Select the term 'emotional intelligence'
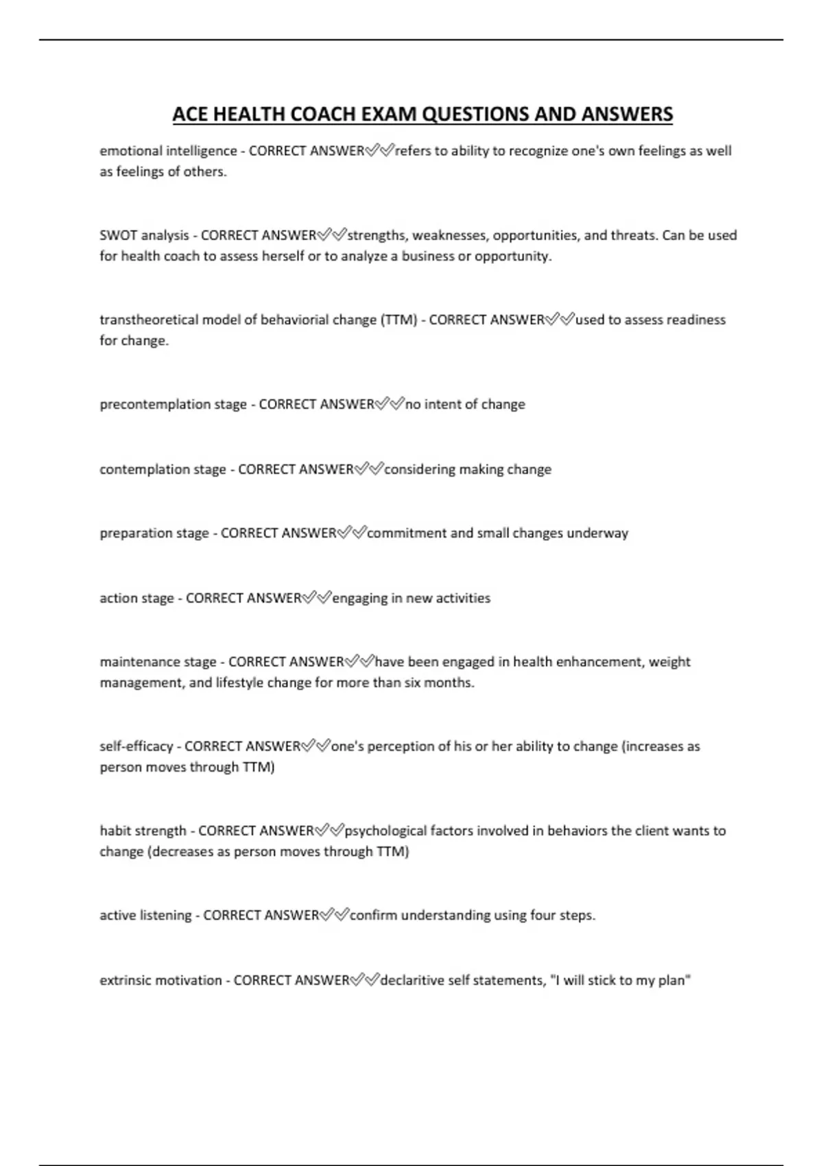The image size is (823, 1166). (x=168, y=151)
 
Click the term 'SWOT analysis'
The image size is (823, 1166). (x=144, y=235)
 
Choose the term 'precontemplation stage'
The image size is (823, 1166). (x=173, y=404)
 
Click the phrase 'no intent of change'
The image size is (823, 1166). (x=465, y=404)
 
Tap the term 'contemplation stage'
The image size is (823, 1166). (x=163, y=469)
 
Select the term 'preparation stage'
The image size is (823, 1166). (x=154, y=533)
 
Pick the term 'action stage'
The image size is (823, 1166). (x=136, y=598)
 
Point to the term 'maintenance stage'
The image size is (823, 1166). (x=158, y=662)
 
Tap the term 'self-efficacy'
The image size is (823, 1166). (x=136, y=746)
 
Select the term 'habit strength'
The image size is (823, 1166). (x=143, y=831)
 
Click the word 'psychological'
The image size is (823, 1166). (x=385, y=831)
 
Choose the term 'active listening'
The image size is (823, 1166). (x=145, y=915)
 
